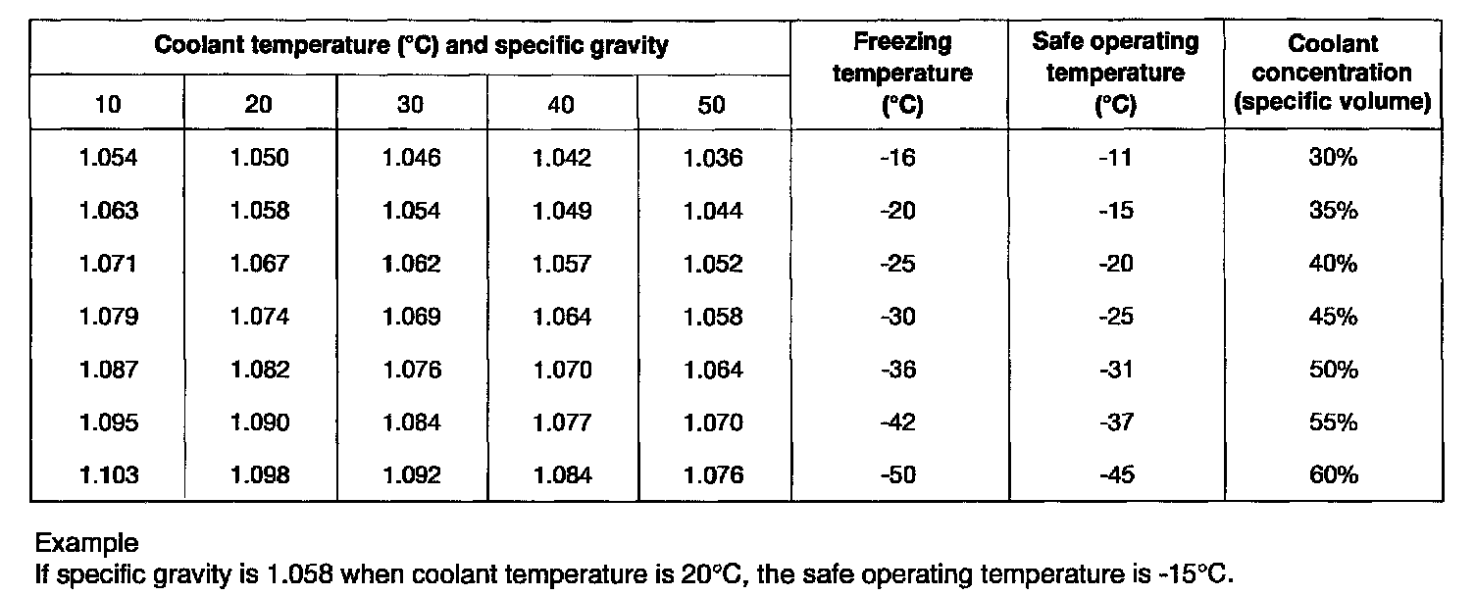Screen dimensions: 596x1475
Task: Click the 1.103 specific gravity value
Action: pyautogui.click(x=109, y=475)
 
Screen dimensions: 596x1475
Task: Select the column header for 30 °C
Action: pyautogui.click(x=411, y=105)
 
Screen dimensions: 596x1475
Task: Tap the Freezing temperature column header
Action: pyautogui.click(x=901, y=74)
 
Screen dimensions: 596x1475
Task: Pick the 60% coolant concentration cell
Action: pyautogui.click(x=1333, y=475)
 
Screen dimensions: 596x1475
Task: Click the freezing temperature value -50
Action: pyautogui.click(x=900, y=475)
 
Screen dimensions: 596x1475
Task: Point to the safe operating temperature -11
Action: pyautogui.click(x=1116, y=158)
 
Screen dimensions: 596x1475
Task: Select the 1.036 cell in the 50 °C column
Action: pyautogui.click(x=713, y=158)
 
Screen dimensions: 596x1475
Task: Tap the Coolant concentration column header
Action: pyautogui.click(x=1333, y=74)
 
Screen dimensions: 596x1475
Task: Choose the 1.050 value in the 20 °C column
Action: pyautogui.click(x=260, y=158)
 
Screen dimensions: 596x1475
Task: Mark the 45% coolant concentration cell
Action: pyautogui.click(x=1333, y=317)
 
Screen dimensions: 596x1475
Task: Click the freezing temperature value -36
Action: pyautogui.click(x=900, y=370)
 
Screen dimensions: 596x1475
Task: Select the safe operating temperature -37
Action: pyautogui.click(x=1116, y=422)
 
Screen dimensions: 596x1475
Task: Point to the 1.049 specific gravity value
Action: pyautogui.click(x=562, y=211)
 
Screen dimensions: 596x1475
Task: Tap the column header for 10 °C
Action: pyautogui.click(x=109, y=105)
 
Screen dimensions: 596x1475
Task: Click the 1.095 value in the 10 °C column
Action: pyautogui.click(x=109, y=422)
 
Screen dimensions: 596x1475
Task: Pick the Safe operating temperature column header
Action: pyautogui.click(x=1116, y=74)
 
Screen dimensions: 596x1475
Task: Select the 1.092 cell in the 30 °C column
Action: pyautogui.click(x=411, y=475)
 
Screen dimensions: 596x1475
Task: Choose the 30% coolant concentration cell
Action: pyautogui.click(x=1333, y=158)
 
